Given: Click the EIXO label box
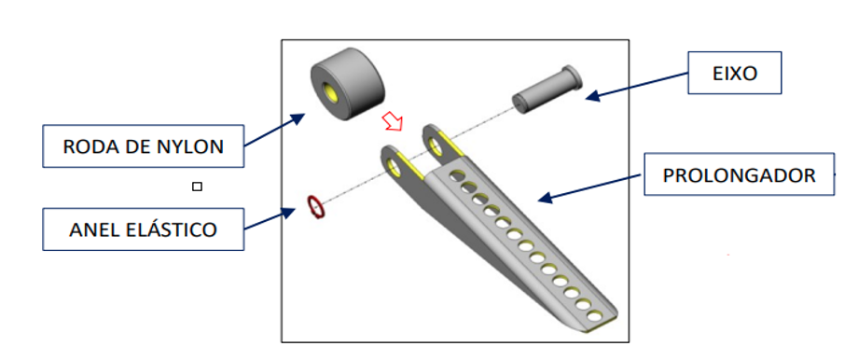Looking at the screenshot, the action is [x=735, y=73].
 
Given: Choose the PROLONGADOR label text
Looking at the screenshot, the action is [x=739, y=175].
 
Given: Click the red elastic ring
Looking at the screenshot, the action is [x=316, y=208].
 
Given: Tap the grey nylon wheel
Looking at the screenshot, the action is [x=347, y=84].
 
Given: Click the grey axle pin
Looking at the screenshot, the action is [x=547, y=90].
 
